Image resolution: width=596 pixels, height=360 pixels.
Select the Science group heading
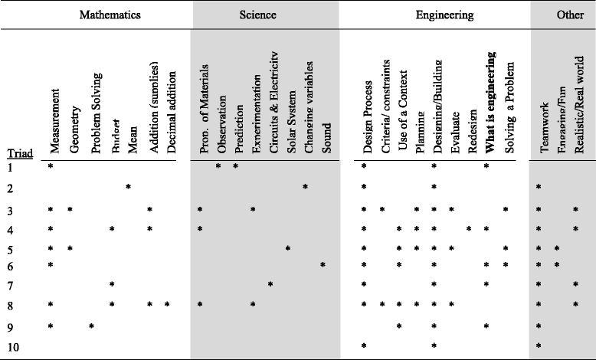[x=257, y=15]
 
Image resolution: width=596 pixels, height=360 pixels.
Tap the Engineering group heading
[x=444, y=15]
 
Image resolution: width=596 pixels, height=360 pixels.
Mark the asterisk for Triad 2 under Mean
[x=129, y=187]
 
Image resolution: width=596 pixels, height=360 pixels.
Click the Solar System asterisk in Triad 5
[x=288, y=248]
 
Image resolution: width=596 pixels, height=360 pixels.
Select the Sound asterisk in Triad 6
[x=323, y=265]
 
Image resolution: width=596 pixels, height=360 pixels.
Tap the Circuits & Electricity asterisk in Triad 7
[x=270, y=285]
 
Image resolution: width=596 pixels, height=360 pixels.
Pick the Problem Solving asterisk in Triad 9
[x=91, y=326]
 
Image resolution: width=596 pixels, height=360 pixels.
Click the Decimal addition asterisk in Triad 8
[x=166, y=305]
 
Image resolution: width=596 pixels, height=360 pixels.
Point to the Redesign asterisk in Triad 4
[x=468, y=228]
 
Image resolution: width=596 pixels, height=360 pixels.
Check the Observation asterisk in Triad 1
[x=218, y=166]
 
